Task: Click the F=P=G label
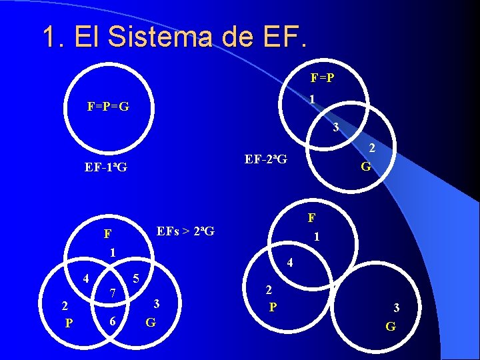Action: point(108,107)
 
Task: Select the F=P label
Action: point(323,77)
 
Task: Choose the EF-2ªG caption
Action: point(266,159)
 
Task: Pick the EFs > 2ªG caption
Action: point(185,232)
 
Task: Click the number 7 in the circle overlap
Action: point(113,293)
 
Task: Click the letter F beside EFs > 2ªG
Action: point(107,235)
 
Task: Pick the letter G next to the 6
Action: point(151,323)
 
